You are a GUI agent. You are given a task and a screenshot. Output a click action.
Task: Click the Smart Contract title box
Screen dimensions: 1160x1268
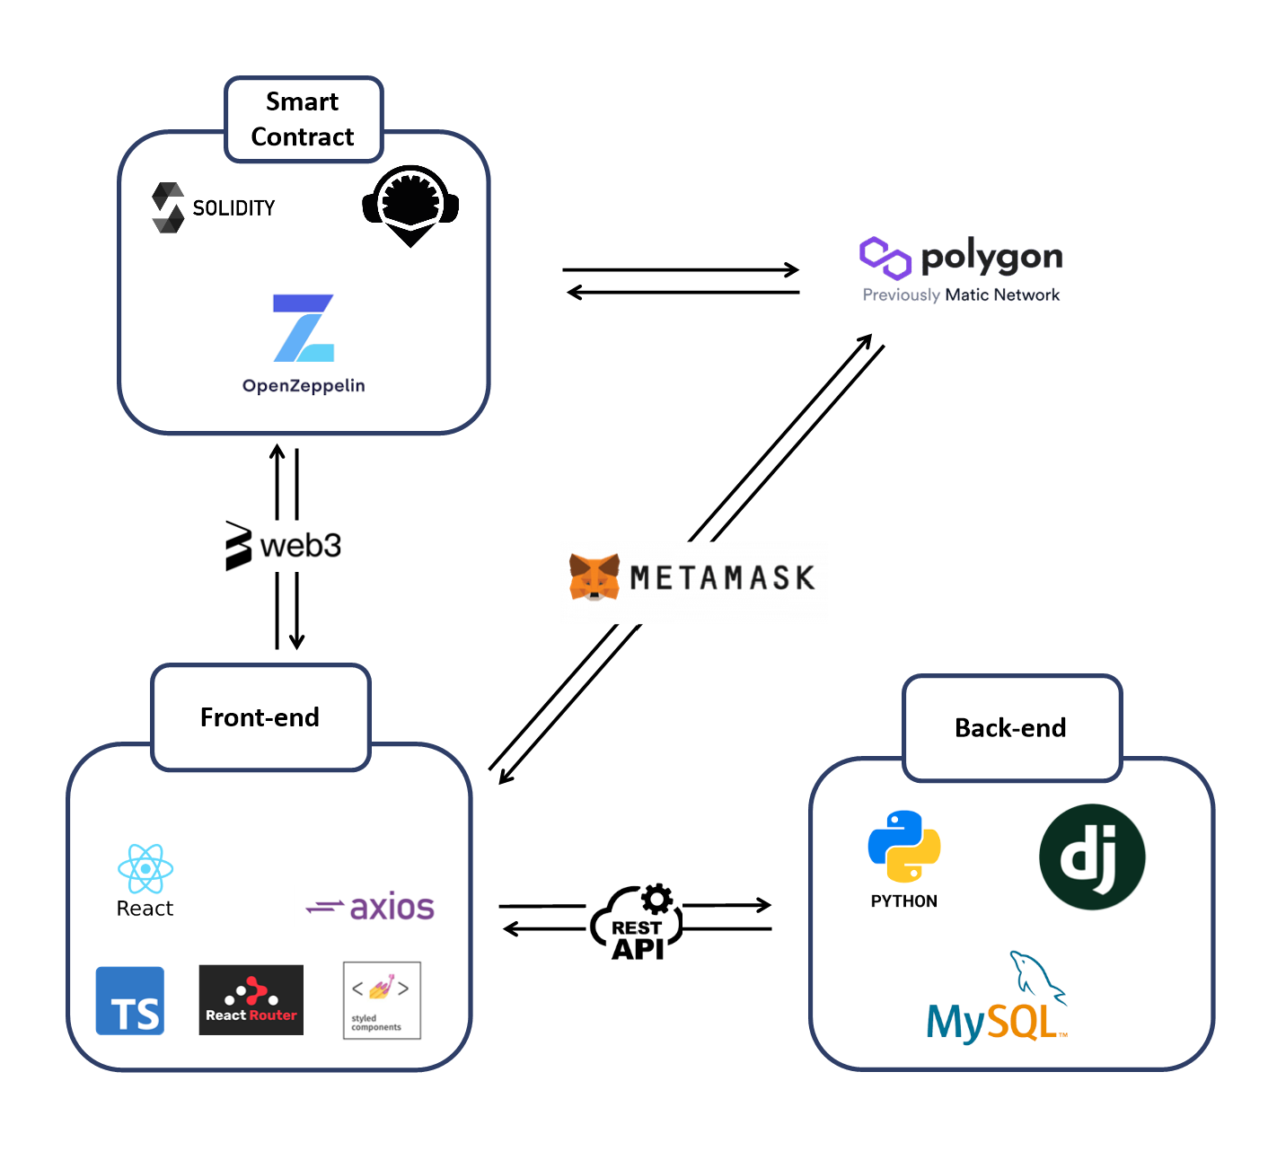pos(304,119)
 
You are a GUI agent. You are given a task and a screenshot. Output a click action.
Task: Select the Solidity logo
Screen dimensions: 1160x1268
pos(168,207)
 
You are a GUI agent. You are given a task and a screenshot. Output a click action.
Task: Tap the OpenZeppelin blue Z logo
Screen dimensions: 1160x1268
pos(304,329)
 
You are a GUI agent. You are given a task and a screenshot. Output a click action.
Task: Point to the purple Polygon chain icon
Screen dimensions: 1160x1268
pos(885,258)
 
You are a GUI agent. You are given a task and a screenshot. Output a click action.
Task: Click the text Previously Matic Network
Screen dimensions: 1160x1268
pos(961,295)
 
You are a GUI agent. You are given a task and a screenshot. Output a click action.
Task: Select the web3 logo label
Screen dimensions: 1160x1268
pos(284,545)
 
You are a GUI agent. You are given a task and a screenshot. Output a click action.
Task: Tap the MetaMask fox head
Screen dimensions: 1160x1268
pos(594,576)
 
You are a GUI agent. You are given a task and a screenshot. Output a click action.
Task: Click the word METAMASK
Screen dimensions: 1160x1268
pos(722,577)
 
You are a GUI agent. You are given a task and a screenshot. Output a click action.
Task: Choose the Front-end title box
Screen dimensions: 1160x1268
pos(260,717)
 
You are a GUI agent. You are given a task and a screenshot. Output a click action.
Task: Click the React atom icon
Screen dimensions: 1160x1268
pos(145,868)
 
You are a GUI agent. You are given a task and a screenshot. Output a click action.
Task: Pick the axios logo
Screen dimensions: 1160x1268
pos(371,908)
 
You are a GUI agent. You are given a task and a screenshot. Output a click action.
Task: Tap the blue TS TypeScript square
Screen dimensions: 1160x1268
pos(130,1001)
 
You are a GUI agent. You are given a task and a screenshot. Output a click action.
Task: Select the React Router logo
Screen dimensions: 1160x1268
pos(251,1000)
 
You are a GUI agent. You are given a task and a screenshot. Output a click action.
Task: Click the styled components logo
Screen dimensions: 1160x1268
pos(382,1000)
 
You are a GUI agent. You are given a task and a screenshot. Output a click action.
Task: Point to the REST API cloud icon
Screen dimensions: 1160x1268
pos(638,923)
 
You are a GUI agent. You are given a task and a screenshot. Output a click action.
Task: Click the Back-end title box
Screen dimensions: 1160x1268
pos(1011,728)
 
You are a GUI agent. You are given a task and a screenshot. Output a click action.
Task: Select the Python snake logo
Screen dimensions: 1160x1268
pos(904,846)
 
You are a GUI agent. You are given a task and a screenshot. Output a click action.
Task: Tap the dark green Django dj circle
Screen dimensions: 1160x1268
pos(1092,857)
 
